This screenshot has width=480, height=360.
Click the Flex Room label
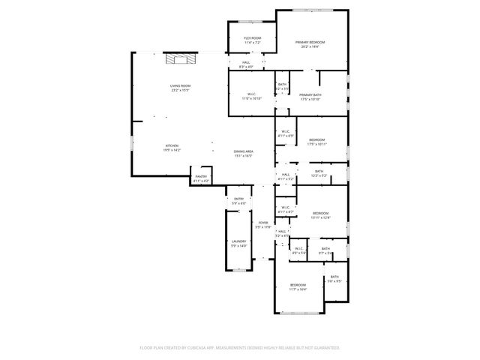click(x=252, y=38)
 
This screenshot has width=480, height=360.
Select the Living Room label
click(x=180, y=86)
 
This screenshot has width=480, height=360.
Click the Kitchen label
click(x=172, y=145)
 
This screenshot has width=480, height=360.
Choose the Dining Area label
click(x=242, y=151)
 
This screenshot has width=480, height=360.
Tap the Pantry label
click(x=201, y=177)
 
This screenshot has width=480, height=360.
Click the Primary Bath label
click(x=310, y=94)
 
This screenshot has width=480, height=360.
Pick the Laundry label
click(x=238, y=241)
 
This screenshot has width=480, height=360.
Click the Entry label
click(x=238, y=199)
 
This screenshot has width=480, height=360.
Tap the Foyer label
click(x=263, y=223)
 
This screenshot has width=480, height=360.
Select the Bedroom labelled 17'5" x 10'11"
click(x=316, y=140)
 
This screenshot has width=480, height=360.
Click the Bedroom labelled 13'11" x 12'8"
click(x=320, y=214)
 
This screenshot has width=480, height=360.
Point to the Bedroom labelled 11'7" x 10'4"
click(x=298, y=285)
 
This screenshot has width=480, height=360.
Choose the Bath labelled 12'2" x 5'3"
click(x=319, y=172)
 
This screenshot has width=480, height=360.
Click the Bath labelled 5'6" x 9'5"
click(x=334, y=277)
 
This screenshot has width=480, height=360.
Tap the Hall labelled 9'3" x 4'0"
click(x=246, y=63)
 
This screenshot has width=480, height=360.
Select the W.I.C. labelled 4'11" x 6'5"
click(x=285, y=132)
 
